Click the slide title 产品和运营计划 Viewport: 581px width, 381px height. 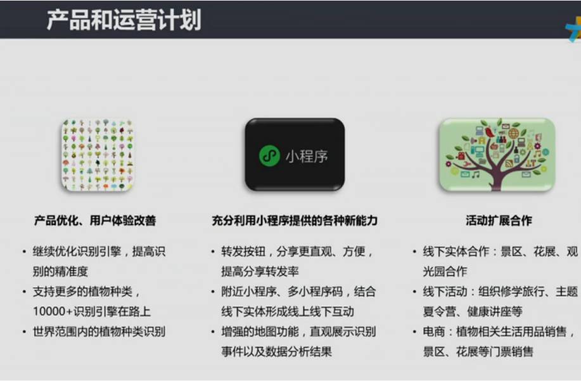coord(124,20)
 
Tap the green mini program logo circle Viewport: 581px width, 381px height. coord(269,155)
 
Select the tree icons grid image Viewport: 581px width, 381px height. coord(97,155)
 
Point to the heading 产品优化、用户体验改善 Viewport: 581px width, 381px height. coord(95,221)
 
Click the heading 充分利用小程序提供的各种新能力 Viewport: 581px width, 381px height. coord(295,221)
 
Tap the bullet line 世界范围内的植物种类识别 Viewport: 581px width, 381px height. coord(99,332)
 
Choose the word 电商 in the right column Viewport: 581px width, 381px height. coord(433,332)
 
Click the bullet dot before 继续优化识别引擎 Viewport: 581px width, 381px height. coord(24,252)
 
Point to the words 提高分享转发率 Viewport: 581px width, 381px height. coord(260,271)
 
